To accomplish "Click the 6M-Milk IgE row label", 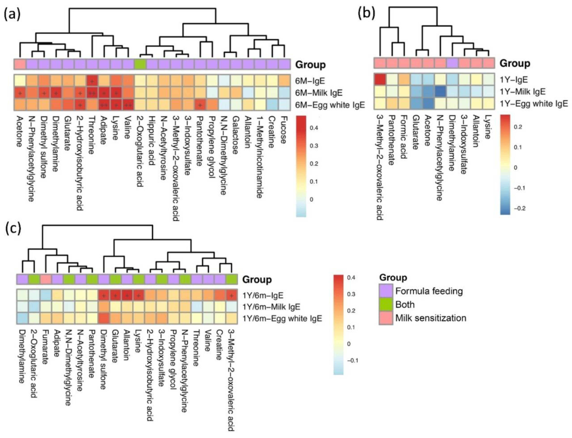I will pos(319,93).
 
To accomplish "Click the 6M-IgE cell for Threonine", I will pos(92,81).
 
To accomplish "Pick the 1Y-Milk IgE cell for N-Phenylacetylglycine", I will pos(440,92).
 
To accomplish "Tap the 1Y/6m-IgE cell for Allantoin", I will pos(127,295).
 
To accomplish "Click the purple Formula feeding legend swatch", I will pos(386,291).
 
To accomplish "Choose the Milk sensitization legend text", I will pos(431,318).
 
